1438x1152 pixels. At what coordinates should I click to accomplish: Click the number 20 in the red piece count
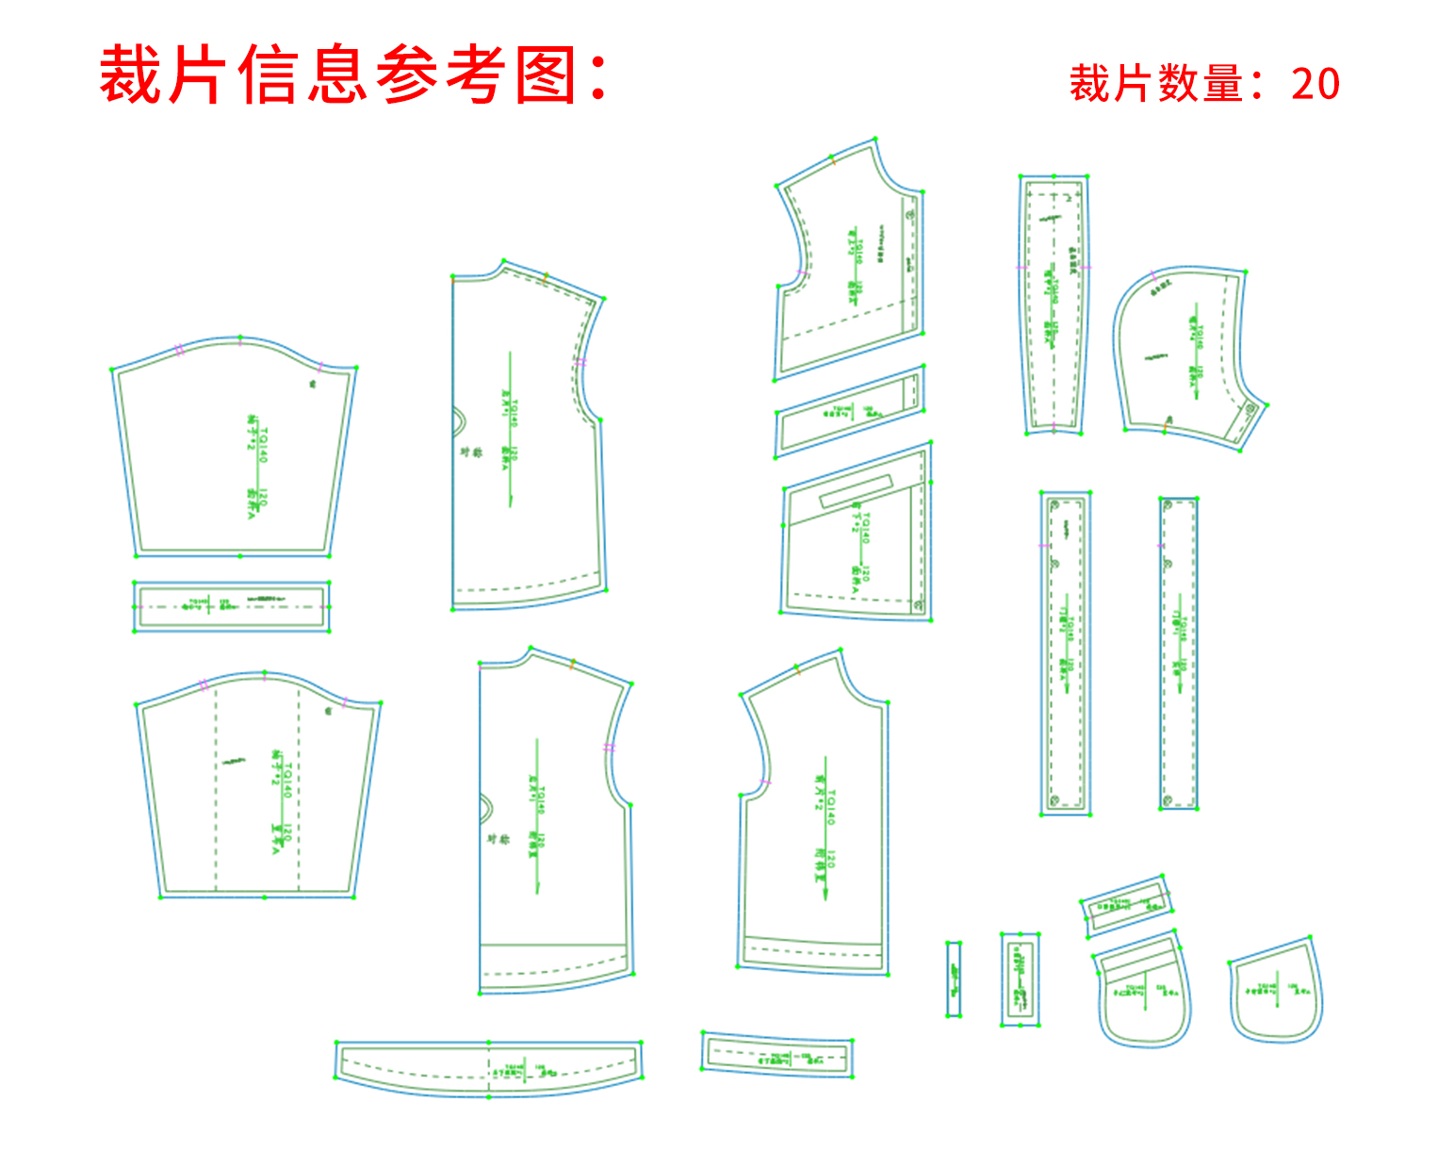coord(1315,84)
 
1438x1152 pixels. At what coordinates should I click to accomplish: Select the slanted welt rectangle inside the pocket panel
coord(856,491)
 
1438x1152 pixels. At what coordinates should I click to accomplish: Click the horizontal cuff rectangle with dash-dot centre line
coord(232,606)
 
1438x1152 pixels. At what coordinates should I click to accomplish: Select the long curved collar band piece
coord(489,1067)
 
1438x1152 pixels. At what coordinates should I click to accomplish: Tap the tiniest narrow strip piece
coord(954,979)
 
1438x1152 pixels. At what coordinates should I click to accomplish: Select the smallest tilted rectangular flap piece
coord(1126,905)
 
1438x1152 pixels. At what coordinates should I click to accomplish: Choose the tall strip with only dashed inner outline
coord(1179,652)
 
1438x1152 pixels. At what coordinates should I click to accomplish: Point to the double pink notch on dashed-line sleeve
coord(204,683)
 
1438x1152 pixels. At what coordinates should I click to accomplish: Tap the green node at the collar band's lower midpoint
coord(489,1096)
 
